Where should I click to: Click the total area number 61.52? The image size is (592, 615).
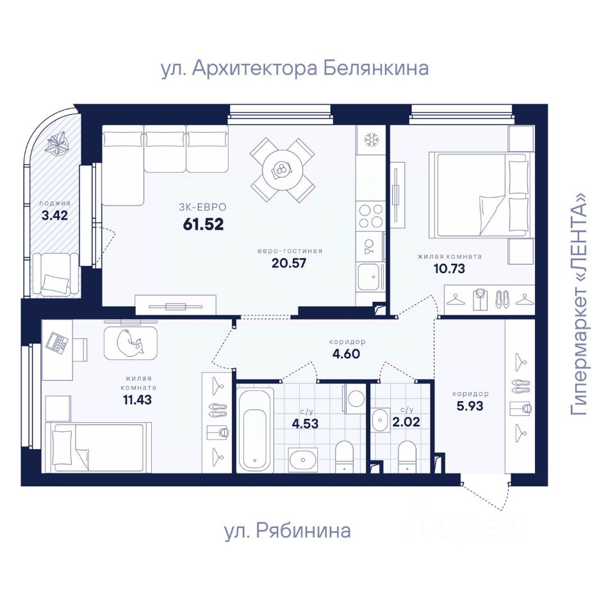203,224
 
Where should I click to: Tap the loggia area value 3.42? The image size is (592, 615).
54,215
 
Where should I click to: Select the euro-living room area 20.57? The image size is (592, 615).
289,263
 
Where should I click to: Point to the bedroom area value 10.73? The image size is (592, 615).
449,268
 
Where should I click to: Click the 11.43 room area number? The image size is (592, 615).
137,400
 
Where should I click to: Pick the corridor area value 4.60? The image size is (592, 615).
345,354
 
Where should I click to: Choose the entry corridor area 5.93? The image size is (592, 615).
470,406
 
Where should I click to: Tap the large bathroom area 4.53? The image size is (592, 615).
305,423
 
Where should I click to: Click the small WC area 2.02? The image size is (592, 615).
406,422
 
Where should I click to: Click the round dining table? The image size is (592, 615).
283,170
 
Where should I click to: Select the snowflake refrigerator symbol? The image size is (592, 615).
371,140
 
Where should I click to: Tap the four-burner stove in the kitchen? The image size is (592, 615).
371,215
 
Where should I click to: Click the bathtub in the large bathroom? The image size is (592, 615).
255,429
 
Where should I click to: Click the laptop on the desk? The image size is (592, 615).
57,342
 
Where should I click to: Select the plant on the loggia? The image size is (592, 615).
57,143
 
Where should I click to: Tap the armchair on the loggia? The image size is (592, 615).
54,274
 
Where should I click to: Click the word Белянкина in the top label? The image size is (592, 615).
376,68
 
